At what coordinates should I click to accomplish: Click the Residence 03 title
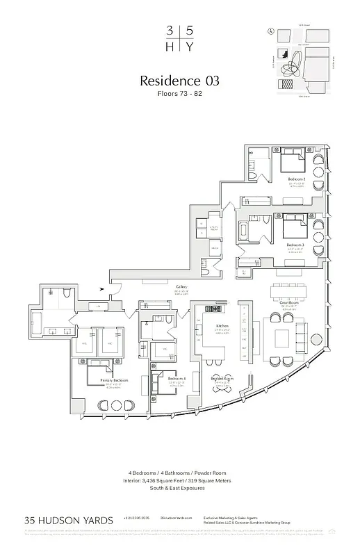pos(180,81)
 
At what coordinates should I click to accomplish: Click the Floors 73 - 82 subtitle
pos(180,93)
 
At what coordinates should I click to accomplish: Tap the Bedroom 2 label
pos(297,179)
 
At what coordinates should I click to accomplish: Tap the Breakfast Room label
pos(222,378)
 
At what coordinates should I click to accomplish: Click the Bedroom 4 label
pos(176,379)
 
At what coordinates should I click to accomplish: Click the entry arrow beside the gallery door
pos(103,288)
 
